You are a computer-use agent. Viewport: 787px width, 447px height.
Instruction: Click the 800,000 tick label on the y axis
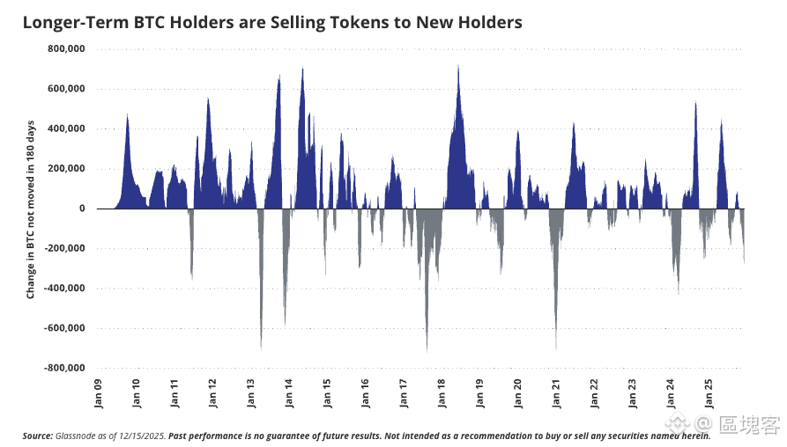tap(66, 48)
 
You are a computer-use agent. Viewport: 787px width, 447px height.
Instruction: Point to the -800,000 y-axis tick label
tap(64, 369)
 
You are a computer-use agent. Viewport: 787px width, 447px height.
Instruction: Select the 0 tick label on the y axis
tap(81, 209)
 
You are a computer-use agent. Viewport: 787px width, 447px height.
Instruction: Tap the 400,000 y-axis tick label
tap(66, 128)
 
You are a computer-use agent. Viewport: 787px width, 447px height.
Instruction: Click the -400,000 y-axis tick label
tap(64, 289)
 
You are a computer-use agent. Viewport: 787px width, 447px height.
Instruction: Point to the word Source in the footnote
tap(38, 436)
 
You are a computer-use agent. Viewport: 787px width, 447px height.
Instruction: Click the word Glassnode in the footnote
tap(78, 436)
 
